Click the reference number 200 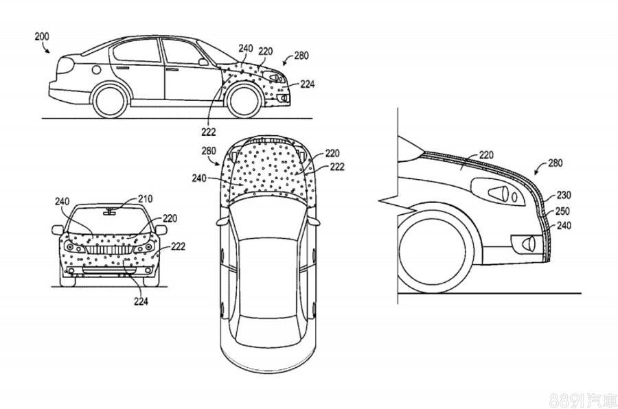point(42,35)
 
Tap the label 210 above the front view point(144,199)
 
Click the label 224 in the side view point(307,84)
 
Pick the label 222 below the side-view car point(208,132)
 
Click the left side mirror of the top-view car point(221,222)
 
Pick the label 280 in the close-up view point(557,164)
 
